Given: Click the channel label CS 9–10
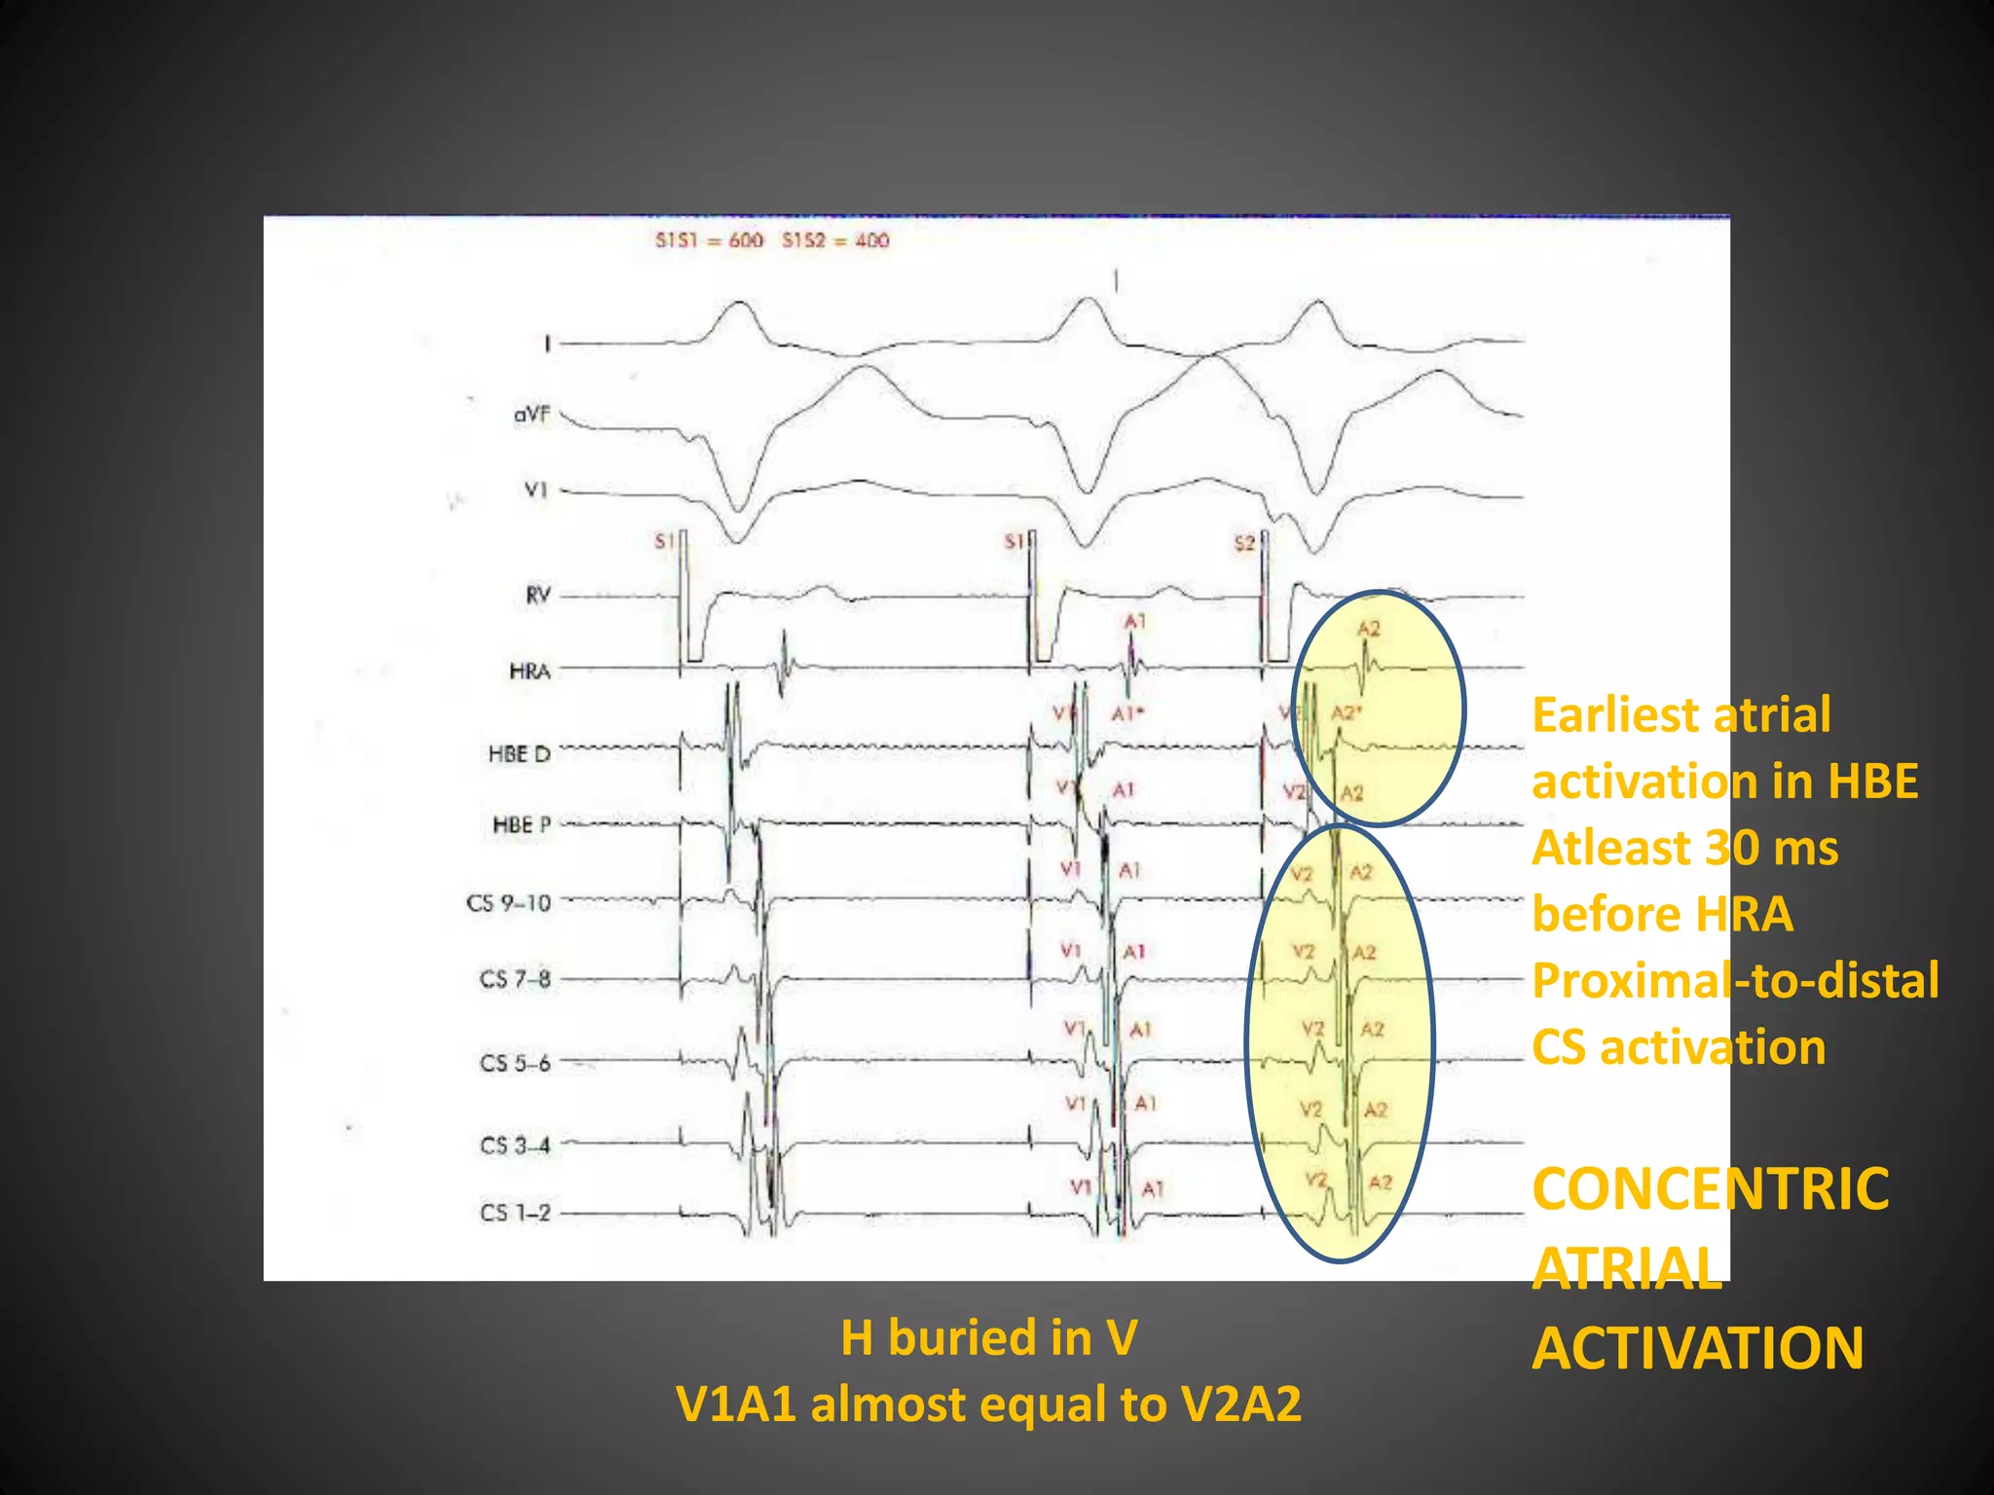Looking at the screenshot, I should (508, 903).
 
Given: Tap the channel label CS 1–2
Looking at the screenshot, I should (515, 1213).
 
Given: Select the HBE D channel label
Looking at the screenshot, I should (519, 754).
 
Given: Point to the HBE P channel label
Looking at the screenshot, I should (522, 825).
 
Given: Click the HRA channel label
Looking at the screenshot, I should (530, 671).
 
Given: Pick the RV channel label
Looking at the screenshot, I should (537, 595).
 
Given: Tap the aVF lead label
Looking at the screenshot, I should (532, 415).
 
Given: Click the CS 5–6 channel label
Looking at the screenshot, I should (515, 1063).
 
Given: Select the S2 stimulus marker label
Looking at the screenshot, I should (1244, 543).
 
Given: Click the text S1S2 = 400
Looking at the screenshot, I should (835, 240).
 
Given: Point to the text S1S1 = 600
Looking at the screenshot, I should (709, 240).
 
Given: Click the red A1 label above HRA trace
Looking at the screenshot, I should (1135, 621).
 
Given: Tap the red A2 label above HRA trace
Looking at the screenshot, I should (1369, 629).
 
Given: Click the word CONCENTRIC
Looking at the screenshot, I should (1710, 1189).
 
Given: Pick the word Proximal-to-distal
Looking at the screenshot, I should (1735, 980).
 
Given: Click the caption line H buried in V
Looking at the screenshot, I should (988, 1337).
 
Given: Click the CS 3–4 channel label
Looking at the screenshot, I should (515, 1145).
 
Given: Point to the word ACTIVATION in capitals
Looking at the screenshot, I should (1698, 1349).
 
